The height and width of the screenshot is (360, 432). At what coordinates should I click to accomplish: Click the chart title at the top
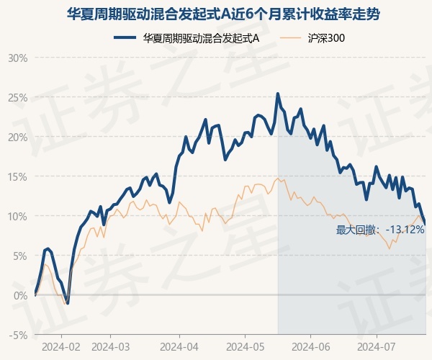point(216,14)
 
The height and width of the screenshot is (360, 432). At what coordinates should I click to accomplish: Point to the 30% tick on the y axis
point(17,58)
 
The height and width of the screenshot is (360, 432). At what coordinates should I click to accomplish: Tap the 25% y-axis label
point(17,97)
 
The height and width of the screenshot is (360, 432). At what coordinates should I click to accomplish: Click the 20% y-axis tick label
point(17,137)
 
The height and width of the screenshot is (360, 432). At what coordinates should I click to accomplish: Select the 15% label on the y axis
point(17,176)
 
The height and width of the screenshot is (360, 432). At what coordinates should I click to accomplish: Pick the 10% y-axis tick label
point(17,216)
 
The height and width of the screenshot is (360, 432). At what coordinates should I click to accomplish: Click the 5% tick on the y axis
point(19,256)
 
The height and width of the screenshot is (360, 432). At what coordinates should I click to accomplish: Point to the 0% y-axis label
point(19,295)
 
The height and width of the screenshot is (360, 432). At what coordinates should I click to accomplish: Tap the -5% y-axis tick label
point(18,335)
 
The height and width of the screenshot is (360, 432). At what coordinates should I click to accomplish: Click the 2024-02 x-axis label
point(60,346)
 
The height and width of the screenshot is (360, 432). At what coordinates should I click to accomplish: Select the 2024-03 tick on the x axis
point(110,346)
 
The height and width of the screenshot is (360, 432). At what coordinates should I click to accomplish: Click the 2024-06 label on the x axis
point(310,346)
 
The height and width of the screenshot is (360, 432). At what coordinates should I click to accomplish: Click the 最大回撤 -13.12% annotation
point(380,230)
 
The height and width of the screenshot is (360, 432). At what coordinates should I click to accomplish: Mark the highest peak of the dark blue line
point(278,94)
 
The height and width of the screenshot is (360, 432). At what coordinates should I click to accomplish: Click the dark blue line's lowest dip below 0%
point(68,303)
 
